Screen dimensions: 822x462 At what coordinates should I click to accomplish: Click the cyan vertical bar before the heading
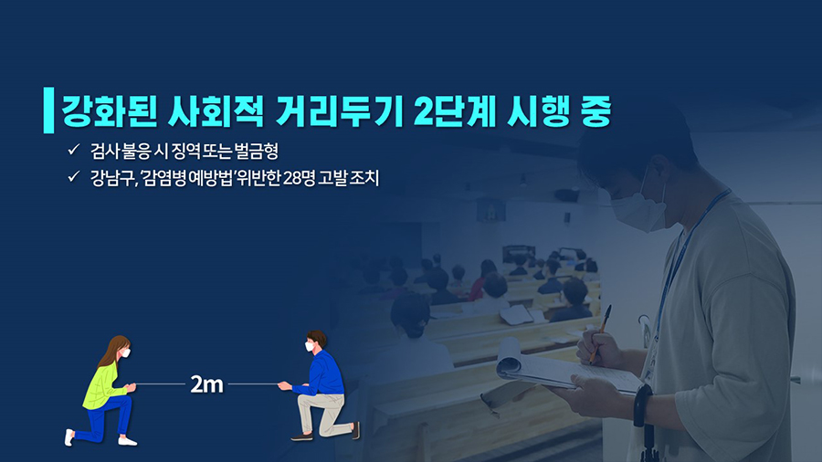(x=48, y=110)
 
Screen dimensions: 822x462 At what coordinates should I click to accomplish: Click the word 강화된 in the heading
(x=110, y=111)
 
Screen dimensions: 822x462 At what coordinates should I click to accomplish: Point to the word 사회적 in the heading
(x=216, y=111)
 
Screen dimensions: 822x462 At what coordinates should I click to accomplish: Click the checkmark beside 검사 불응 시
(x=73, y=150)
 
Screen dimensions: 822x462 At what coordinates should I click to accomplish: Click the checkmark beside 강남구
(x=73, y=176)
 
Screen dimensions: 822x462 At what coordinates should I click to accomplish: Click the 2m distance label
(x=206, y=384)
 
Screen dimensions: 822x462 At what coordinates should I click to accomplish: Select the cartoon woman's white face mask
(x=126, y=353)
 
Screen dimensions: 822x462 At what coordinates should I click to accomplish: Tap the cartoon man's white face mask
(x=310, y=346)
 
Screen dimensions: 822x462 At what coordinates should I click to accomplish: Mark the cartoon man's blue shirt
(x=320, y=374)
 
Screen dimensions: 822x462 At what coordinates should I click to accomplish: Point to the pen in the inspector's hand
(x=600, y=333)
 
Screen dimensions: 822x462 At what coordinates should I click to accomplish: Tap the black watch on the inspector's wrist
(x=643, y=405)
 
